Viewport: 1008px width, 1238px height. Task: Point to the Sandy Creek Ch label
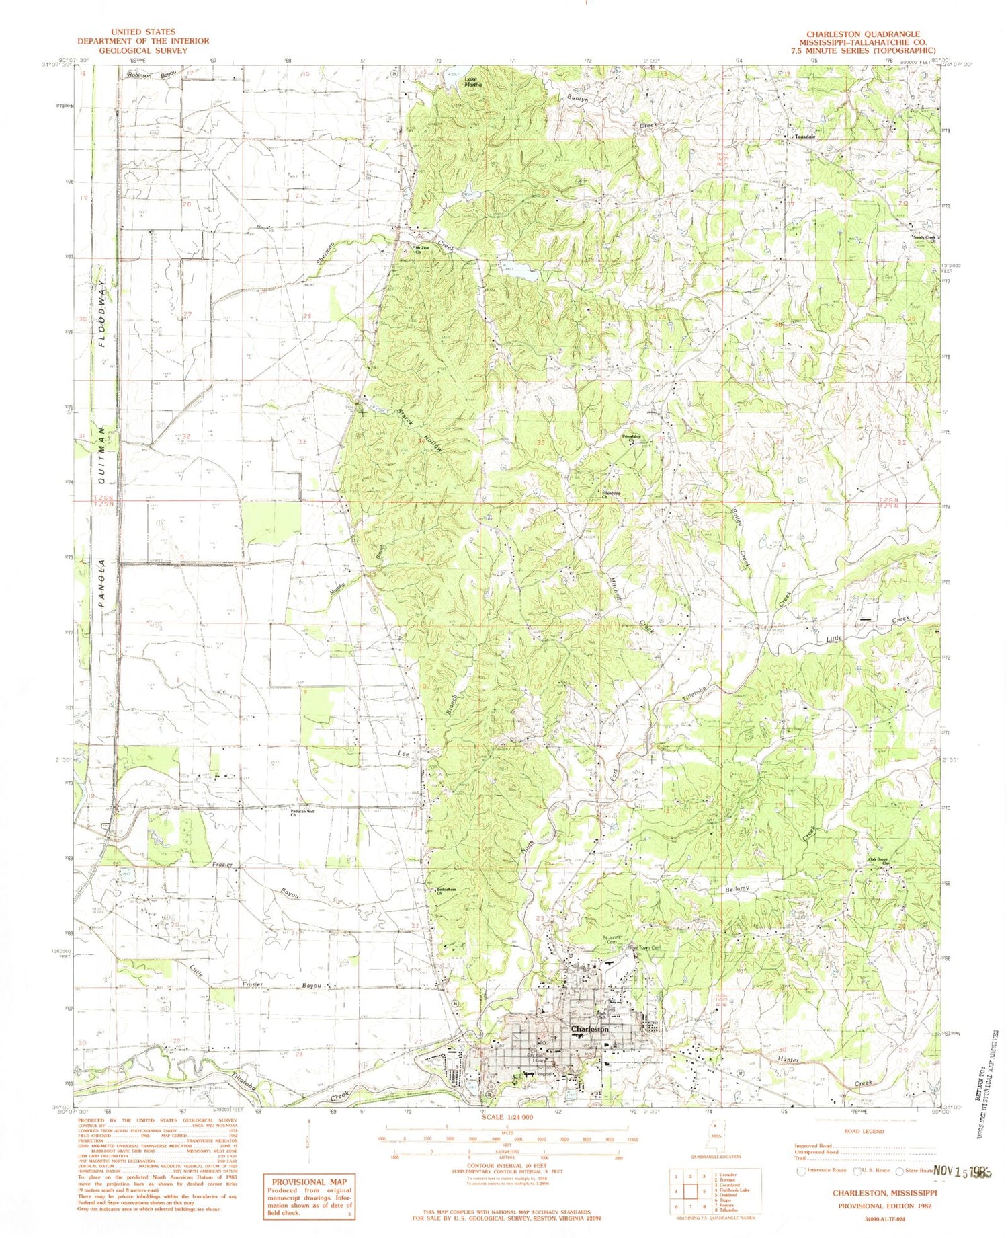(x=923, y=238)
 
